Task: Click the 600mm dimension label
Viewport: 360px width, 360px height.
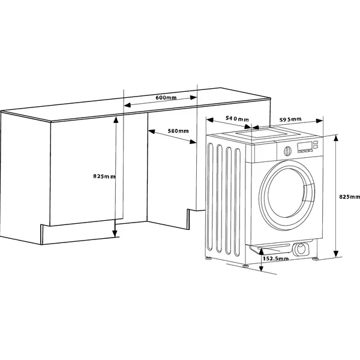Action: point(166,97)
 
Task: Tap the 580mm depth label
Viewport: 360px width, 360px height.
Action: point(178,131)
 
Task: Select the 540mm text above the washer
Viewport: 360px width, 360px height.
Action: point(237,119)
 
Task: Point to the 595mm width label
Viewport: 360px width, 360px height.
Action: point(290,119)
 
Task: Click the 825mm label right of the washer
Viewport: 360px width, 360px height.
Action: point(349,197)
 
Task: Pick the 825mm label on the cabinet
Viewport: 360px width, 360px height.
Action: point(104,176)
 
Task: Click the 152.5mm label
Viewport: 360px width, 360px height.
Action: point(276,259)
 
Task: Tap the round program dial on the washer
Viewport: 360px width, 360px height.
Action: point(287,151)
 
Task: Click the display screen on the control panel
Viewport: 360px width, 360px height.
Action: point(305,146)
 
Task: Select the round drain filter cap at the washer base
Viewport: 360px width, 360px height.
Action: point(301,249)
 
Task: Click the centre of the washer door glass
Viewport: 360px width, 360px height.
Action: point(287,194)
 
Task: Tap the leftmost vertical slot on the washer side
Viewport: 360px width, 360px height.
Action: point(211,197)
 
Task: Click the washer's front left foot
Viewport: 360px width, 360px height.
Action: point(245,265)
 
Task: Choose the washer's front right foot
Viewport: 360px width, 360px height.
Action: point(315,259)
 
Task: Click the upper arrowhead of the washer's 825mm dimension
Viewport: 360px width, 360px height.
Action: point(336,139)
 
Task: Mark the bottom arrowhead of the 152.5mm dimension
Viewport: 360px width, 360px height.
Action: point(261,268)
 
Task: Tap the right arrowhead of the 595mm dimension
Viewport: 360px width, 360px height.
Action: point(320,121)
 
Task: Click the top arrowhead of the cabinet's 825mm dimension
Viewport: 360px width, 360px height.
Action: point(116,120)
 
